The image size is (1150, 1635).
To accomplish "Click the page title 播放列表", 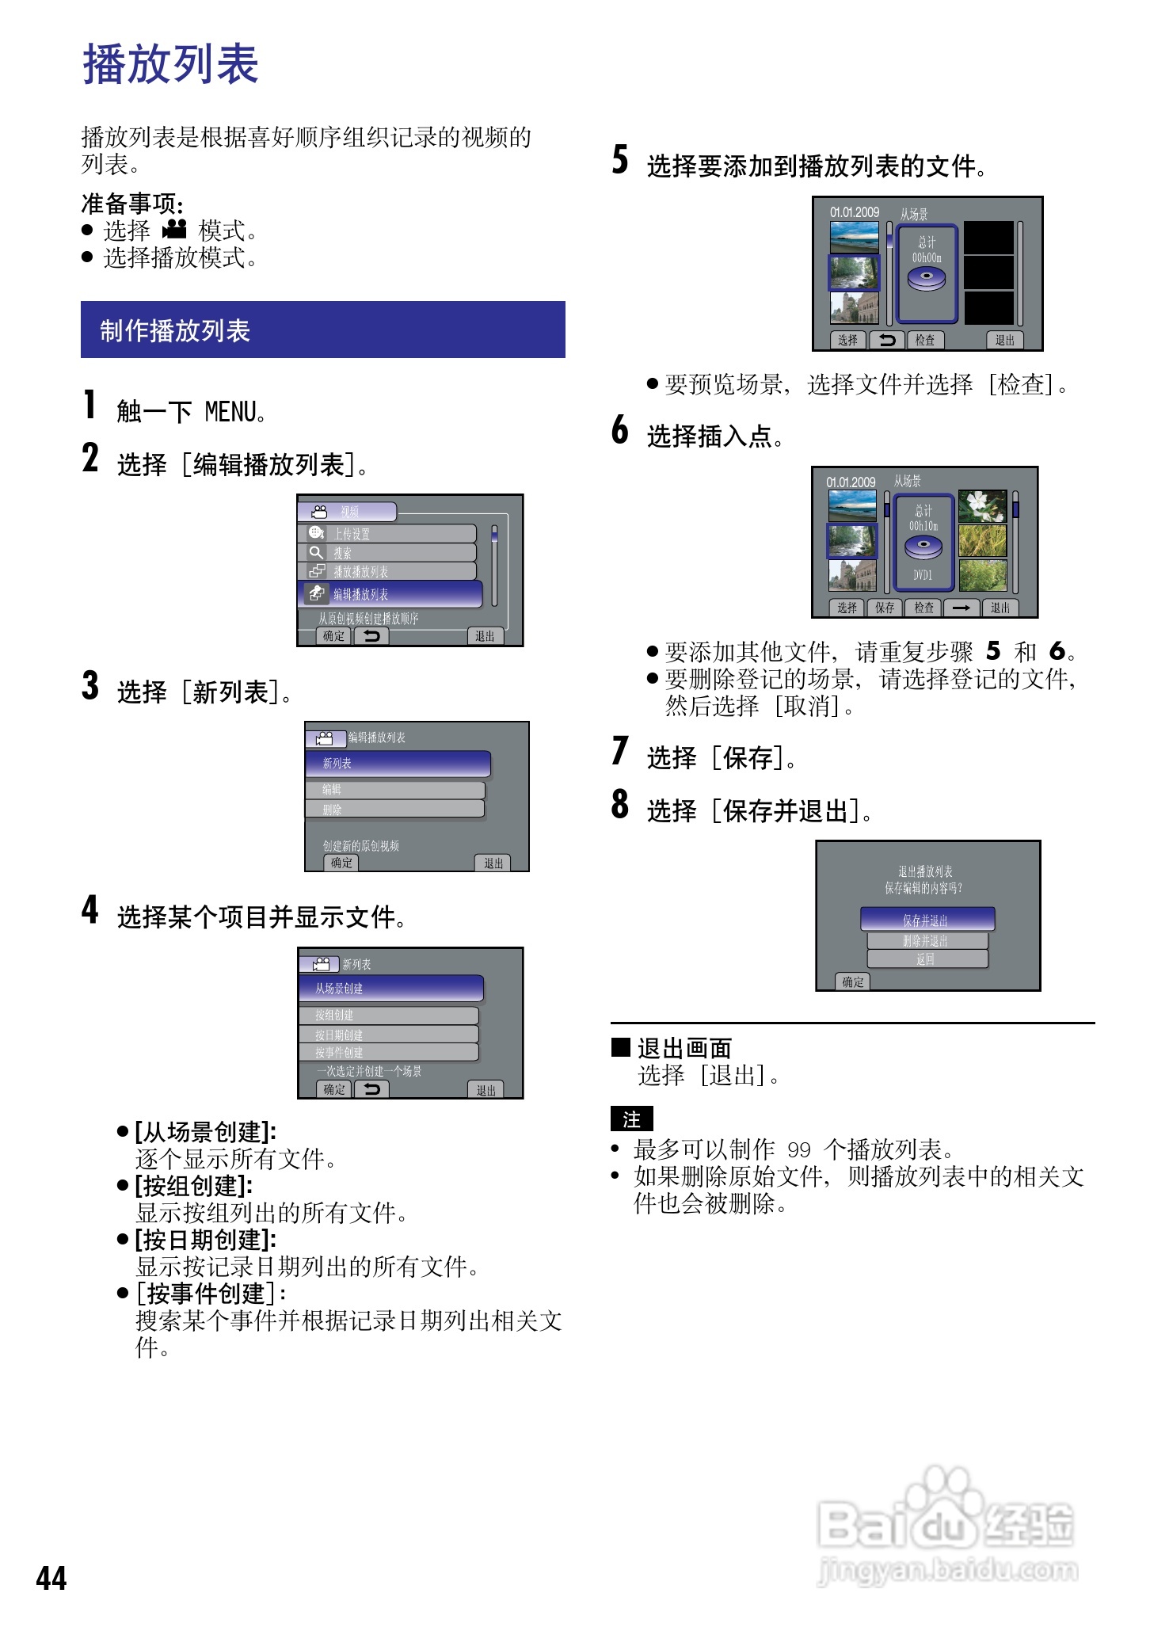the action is [x=170, y=64].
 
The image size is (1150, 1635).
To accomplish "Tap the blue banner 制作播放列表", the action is [x=322, y=330].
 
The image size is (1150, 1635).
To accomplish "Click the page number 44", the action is [x=51, y=1577].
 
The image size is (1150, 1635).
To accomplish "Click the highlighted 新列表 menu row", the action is [x=398, y=764].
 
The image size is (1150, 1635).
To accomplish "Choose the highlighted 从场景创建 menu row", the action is [x=391, y=989].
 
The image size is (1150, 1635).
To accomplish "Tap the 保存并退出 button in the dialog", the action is [x=927, y=920].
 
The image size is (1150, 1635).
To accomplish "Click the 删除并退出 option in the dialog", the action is [x=927, y=940].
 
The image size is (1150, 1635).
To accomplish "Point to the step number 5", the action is [x=620, y=160].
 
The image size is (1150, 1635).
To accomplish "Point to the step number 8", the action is [x=619, y=805].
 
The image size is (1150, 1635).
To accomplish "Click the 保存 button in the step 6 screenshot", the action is [x=885, y=608].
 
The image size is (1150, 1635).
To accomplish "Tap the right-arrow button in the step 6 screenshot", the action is [x=962, y=608].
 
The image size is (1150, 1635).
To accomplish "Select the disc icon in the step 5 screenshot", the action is [x=926, y=279].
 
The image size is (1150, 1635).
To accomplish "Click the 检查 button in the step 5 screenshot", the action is [x=925, y=340].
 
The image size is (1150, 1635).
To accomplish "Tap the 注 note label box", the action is [x=631, y=1119].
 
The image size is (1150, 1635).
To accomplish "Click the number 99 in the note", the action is [x=798, y=1149].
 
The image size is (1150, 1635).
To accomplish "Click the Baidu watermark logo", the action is [x=946, y=1525].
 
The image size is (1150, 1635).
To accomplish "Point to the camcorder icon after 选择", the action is [x=174, y=230].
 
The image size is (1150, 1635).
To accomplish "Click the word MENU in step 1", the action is [x=230, y=412].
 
